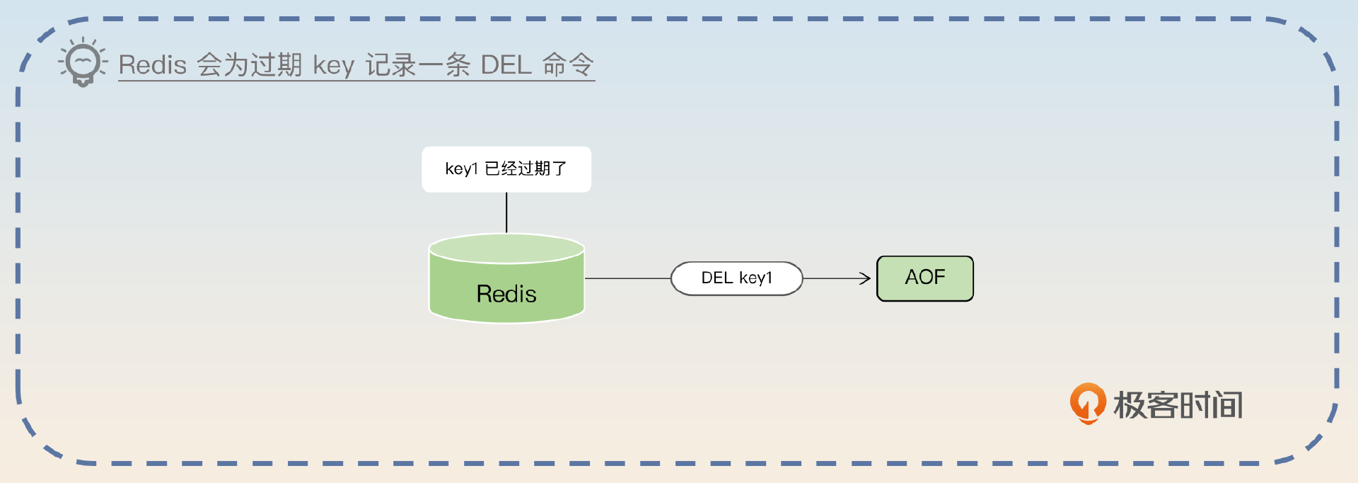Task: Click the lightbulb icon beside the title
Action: (83, 62)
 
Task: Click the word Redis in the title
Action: (152, 65)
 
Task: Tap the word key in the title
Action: (333, 66)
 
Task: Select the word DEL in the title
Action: (506, 65)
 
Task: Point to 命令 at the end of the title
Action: (568, 65)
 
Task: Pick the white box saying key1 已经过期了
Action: (506, 169)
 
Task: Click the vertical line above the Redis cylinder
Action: (506, 212)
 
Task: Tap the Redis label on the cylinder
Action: (506, 294)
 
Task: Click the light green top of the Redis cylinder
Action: (506, 249)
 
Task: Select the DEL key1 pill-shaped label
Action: (736, 278)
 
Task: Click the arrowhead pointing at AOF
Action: (865, 278)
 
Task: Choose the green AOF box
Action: (924, 278)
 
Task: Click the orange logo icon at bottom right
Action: (1087, 403)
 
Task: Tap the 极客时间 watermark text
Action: (1178, 405)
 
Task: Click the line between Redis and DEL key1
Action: (627, 278)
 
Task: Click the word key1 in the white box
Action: (461, 169)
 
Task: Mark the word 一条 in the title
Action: (444, 65)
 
